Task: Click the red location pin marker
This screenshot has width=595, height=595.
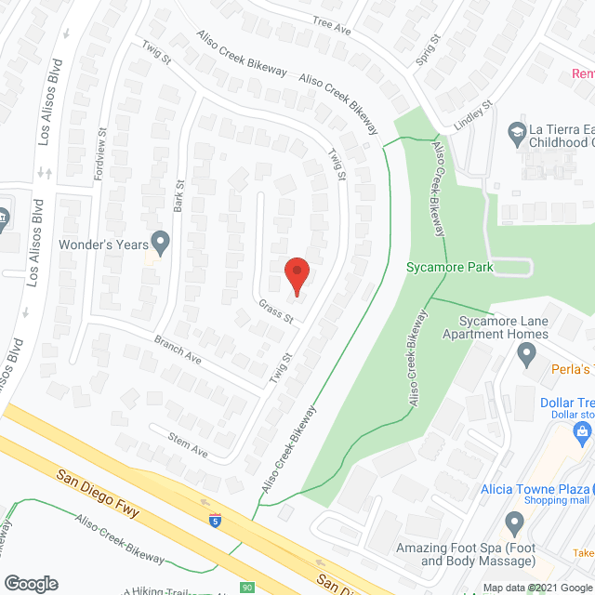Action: pyautogui.click(x=297, y=275)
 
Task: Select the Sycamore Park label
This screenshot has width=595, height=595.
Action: pyautogui.click(x=448, y=268)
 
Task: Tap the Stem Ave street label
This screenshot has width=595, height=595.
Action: pyautogui.click(x=187, y=443)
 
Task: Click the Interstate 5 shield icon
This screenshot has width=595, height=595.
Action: pyautogui.click(x=216, y=521)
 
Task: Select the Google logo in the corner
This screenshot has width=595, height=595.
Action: pyautogui.click(x=30, y=583)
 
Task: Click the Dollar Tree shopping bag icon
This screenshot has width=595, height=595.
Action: pyautogui.click(x=583, y=431)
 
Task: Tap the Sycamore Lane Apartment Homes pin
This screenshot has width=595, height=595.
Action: pyautogui.click(x=527, y=352)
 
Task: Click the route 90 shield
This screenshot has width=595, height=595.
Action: pyautogui.click(x=245, y=588)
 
